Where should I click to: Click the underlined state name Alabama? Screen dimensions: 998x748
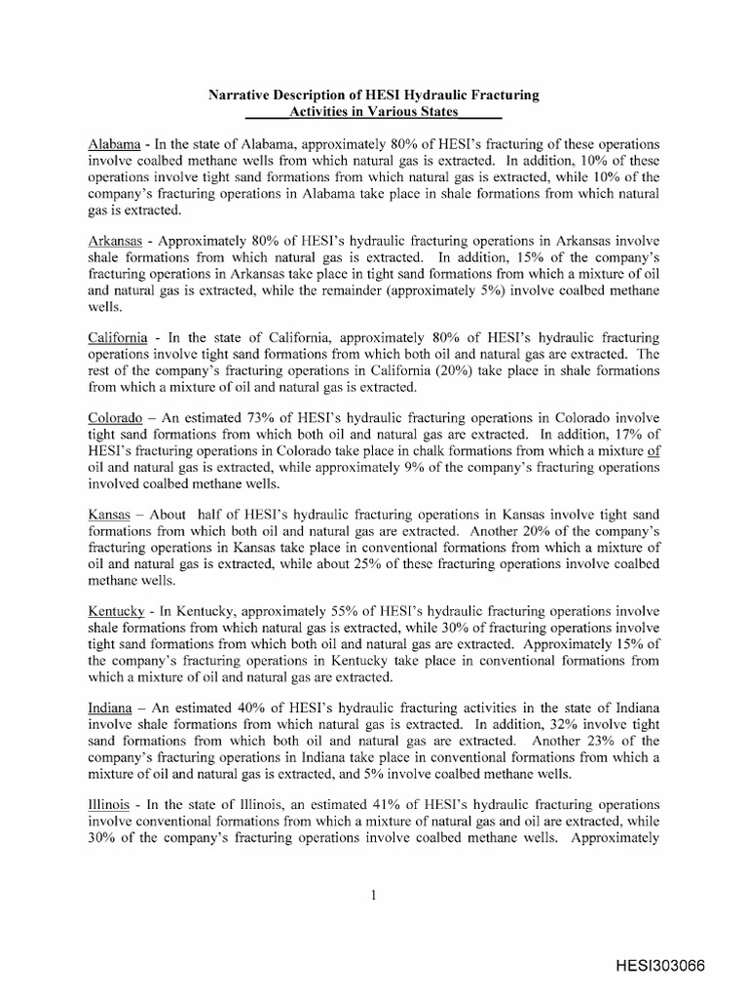pos(114,143)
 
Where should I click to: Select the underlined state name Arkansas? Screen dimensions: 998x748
pos(115,241)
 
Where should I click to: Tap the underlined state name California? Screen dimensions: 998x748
pos(118,337)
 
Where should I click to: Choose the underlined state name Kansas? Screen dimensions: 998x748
pos(109,516)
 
